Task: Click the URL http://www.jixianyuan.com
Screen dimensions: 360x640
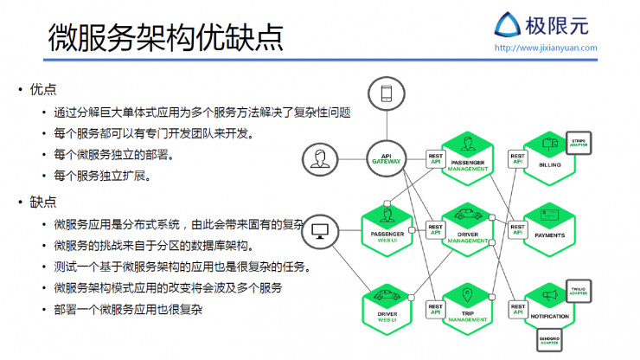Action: click(545, 48)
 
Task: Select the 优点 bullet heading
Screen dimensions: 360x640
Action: click(42, 90)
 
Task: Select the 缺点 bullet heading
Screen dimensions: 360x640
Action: click(42, 202)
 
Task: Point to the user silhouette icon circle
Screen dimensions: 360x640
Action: click(321, 158)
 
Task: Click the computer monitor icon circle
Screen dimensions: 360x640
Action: click(321, 231)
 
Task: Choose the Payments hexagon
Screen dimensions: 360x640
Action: click(548, 226)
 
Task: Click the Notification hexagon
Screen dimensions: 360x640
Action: click(548, 305)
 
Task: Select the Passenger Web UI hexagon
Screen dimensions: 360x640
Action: click(386, 226)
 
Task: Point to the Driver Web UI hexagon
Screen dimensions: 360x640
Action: click(386, 306)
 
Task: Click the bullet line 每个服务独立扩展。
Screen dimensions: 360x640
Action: click(102, 176)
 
